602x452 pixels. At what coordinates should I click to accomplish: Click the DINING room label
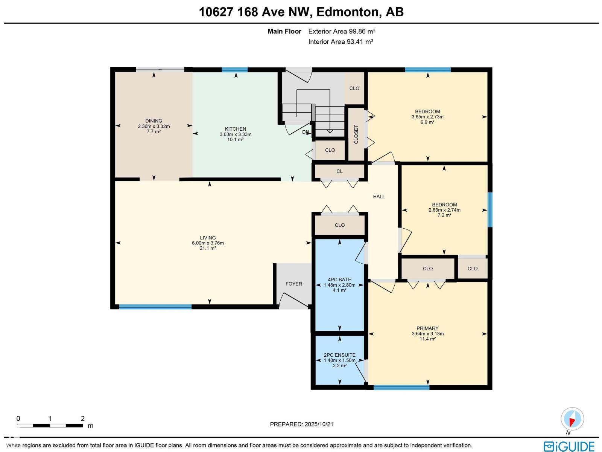click(154, 121)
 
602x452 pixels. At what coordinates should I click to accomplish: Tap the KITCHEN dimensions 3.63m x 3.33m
click(236, 134)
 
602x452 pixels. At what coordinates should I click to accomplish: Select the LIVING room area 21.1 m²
click(208, 248)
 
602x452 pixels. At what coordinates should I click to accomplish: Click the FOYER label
click(293, 284)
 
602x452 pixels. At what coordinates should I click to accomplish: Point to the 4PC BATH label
click(339, 279)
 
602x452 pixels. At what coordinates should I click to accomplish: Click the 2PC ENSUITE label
click(339, 355)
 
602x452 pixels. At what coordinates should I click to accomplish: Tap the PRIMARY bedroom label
click(427, 328)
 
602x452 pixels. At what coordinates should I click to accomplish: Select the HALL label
click(379, 197)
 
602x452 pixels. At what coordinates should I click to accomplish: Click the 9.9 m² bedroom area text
click(427, 122)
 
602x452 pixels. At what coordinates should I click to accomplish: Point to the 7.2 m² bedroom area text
click(444, 215)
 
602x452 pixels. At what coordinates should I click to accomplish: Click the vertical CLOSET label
click(356, 134)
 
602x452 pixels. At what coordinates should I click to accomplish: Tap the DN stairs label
click(306, 132)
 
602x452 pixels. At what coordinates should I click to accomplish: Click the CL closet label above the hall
click(339, 171)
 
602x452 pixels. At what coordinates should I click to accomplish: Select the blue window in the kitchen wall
click(235, 70)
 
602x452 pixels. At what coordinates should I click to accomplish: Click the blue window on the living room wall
click(155, 307)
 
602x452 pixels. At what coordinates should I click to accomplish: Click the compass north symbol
click(572, 419)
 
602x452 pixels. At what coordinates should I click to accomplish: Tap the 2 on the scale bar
click(82, 418)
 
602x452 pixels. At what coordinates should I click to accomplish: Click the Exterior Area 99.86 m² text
click(342, 32)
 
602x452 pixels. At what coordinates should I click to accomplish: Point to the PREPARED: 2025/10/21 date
click(301, 424)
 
